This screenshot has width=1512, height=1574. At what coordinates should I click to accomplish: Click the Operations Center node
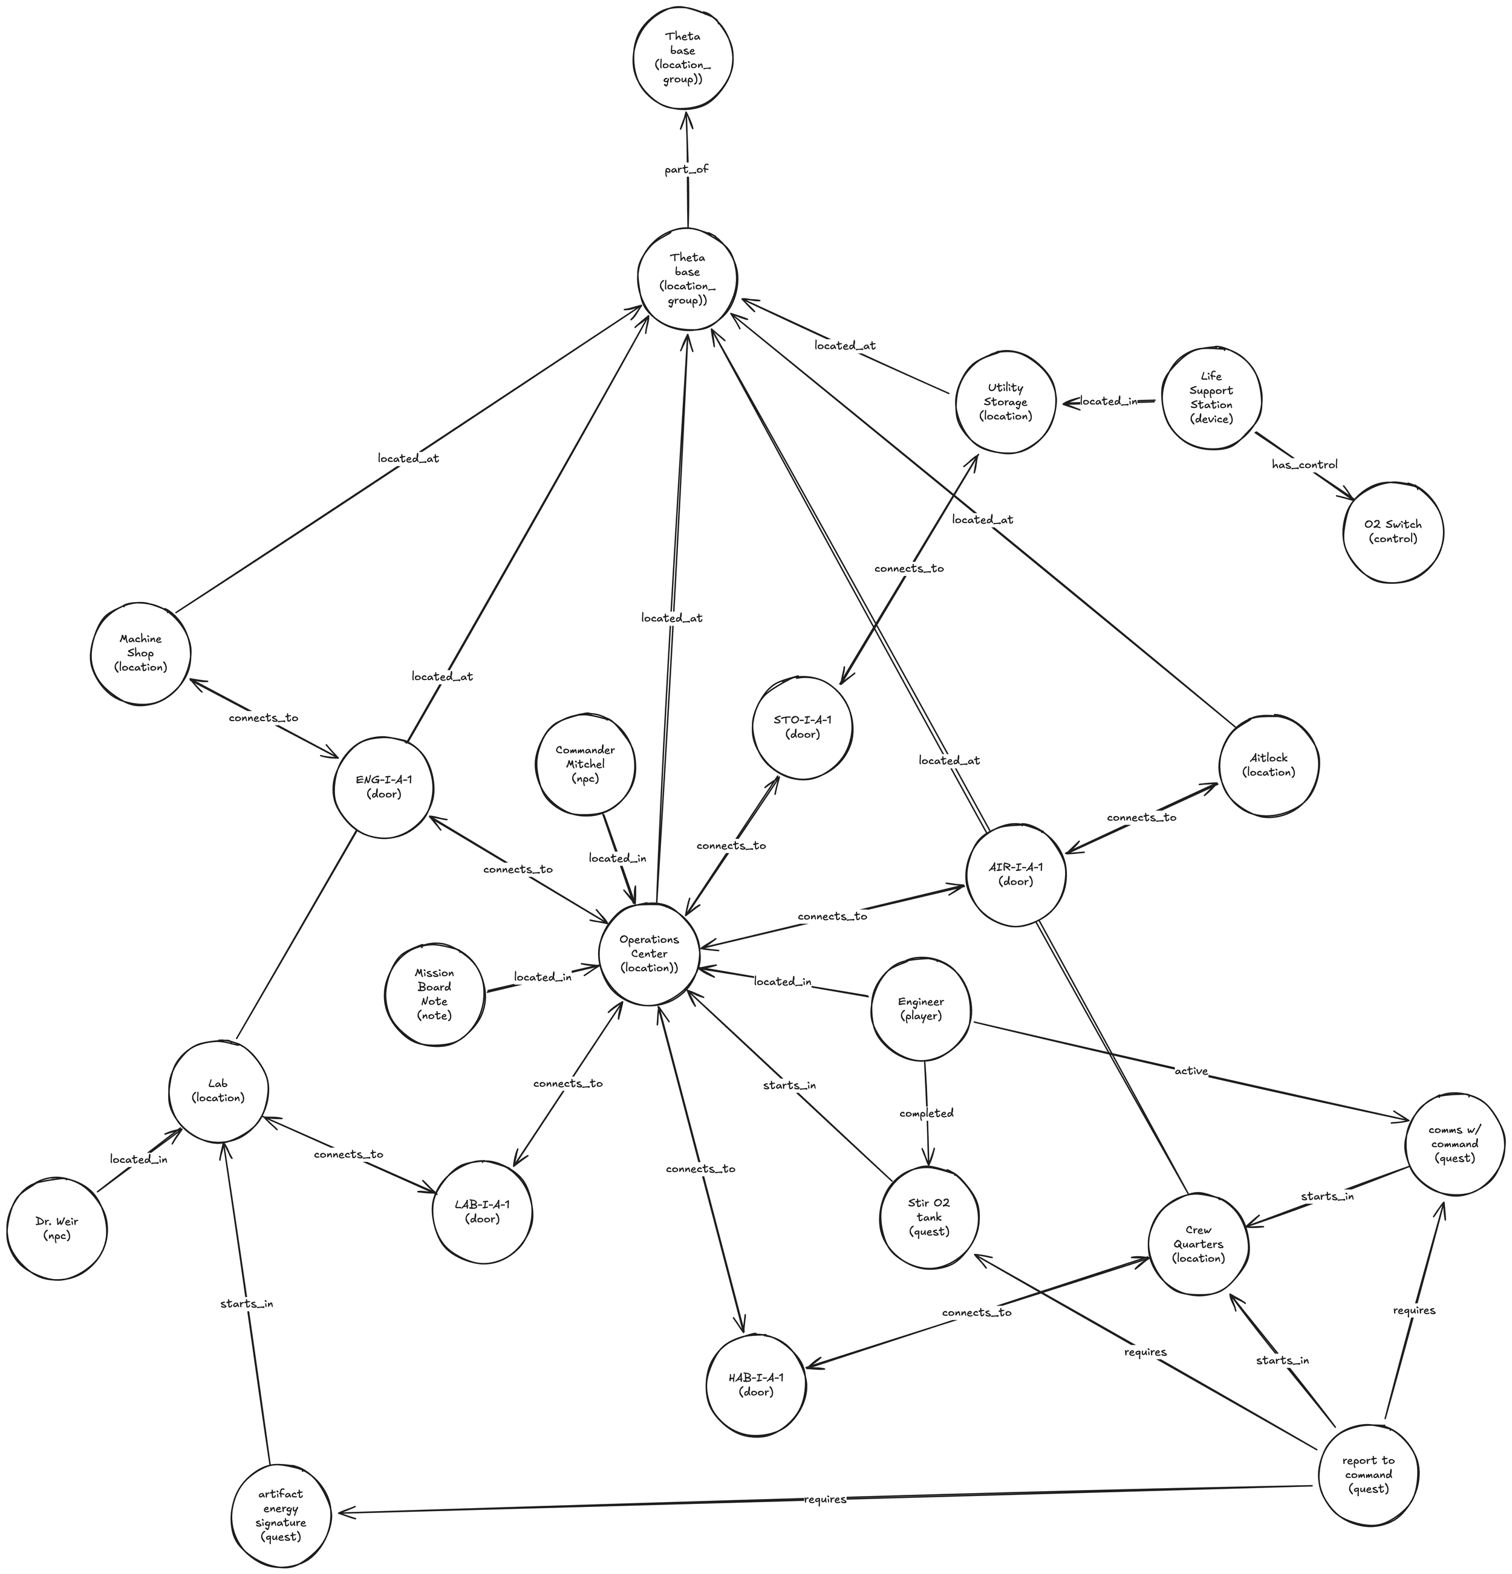(x=648, y=954)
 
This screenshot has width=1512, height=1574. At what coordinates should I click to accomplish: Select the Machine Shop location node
(x=140, y=653)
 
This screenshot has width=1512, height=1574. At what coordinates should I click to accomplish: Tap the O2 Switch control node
(x=1392, y=532)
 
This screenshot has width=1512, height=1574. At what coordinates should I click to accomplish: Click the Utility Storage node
(x=1005, y=401)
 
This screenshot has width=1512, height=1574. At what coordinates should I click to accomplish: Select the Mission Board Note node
(x=434, y=994)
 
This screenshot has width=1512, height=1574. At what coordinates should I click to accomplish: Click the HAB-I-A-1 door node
(x=756, y=1385)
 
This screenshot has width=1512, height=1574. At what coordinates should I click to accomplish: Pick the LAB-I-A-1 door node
(x=482, y=1212)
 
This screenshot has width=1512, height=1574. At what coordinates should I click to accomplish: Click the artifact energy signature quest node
(x=281, y=1515)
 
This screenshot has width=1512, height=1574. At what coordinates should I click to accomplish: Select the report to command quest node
(x=1368, y=1474)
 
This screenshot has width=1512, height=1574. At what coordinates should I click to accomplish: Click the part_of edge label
(x=686, y=169)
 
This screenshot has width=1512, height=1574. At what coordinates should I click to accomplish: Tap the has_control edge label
(x=1304, y=464)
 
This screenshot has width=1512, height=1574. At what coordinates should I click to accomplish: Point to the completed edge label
(x=927, y=1113)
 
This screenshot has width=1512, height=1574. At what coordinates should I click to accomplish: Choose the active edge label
(x=1191, y=1070)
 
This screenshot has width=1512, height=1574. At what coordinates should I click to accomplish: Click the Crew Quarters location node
(x=1198, y=1244)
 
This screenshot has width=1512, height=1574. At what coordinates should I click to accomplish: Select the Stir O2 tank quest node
(x=929, y=1217)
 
